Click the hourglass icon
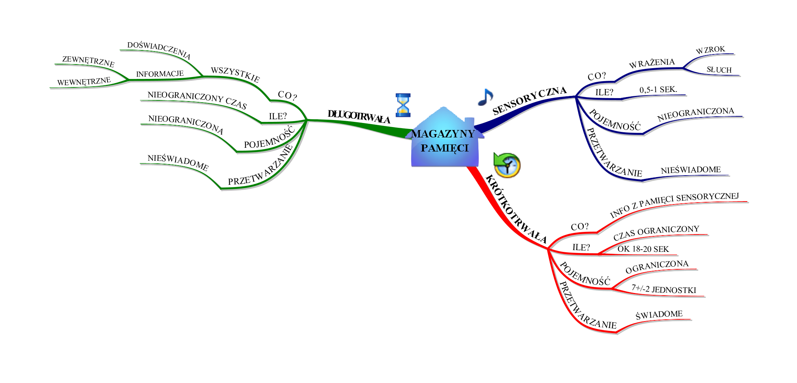403,105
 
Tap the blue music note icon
485,97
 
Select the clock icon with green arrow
507,165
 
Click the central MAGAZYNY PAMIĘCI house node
444,140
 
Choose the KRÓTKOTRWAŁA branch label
516,210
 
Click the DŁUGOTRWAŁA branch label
359,117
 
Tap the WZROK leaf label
710,50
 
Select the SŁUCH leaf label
719,70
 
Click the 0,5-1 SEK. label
658,90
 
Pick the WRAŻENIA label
652,63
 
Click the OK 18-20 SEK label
643,249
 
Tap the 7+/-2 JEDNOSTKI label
664,289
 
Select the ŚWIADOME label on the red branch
659,315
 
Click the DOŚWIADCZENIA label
159,50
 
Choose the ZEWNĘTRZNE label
88,61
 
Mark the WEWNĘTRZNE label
84,81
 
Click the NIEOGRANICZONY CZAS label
197,100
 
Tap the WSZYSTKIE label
235,74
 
